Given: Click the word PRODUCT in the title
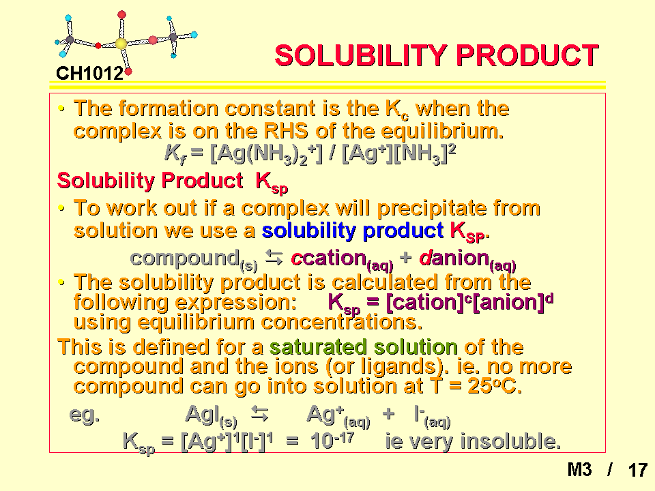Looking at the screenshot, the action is [x=527, y=55].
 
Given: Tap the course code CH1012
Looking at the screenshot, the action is [x=90, y=74].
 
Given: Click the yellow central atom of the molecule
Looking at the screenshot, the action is [x=121, y=44].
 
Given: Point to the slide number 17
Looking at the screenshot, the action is [x=638, y=470].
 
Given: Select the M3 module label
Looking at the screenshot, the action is [x=580, y=470].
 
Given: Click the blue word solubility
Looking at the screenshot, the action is [x=308, y=231].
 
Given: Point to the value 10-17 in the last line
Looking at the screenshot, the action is [x=332, y=440].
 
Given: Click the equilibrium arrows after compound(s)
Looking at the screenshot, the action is [x=274, y=258].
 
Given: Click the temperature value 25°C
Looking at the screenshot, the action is [x=495, y=386].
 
